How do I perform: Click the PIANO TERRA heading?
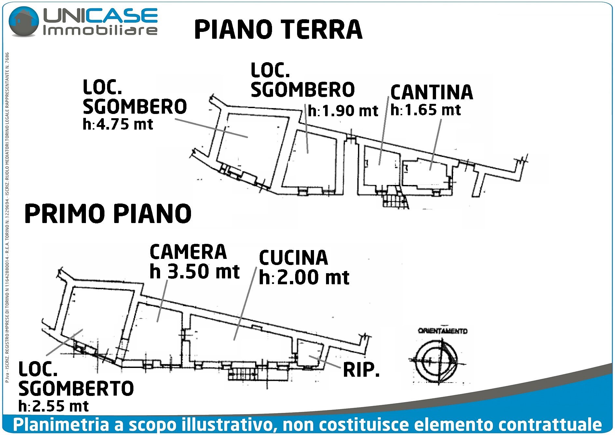point(278,30)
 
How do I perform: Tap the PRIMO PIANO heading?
point(108,214)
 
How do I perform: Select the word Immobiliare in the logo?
point(100,31)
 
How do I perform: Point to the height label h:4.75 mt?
point(118,124)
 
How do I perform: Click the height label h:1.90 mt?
point(343,111)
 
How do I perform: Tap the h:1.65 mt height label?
point(426,110)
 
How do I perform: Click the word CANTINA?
point(431,92)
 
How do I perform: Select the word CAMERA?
point(188,252)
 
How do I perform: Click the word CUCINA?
point(294,258)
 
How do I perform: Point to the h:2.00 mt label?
point(304,277)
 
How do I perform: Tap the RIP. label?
point(361,370)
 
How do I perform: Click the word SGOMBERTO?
point(76,388)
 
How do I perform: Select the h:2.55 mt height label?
point(54,406)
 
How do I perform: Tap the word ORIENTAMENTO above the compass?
point(443,331)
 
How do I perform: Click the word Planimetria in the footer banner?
point(61,425)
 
